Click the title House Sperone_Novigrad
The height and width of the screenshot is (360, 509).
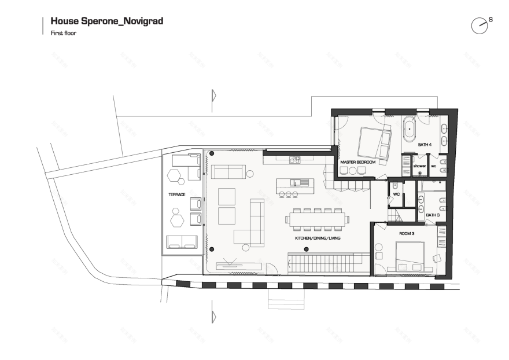click(107, 21)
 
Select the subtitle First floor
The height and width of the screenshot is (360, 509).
click(64, 34)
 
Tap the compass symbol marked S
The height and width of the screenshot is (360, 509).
click(480, 25)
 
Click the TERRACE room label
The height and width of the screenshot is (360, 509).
click(177, 195)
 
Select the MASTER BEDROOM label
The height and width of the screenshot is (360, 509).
click(357, 163)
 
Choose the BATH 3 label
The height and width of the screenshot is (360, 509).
click(433, 215)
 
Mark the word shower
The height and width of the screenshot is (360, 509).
click(419, 166)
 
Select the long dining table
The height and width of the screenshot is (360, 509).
click(317, 219)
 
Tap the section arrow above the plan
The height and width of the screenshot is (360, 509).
click(214, 94)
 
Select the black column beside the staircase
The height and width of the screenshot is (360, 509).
click(306, 249)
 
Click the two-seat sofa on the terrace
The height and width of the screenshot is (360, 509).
click(182, 242)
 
